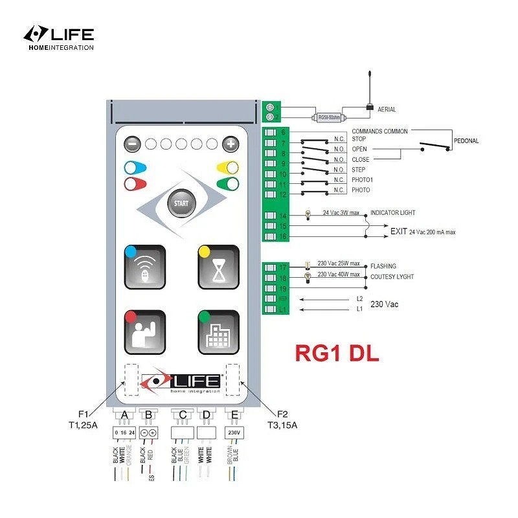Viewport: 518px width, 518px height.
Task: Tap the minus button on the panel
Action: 131,144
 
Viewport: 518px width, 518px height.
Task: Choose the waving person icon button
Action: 145,332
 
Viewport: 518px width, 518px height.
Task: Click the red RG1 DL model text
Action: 337,354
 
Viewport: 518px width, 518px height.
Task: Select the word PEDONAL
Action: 466,141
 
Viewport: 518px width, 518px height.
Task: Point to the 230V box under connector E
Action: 232,432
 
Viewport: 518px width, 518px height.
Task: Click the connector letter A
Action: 124,414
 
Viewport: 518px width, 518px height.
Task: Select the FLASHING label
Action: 383,266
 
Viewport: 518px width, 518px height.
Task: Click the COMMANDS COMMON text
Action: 379,131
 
